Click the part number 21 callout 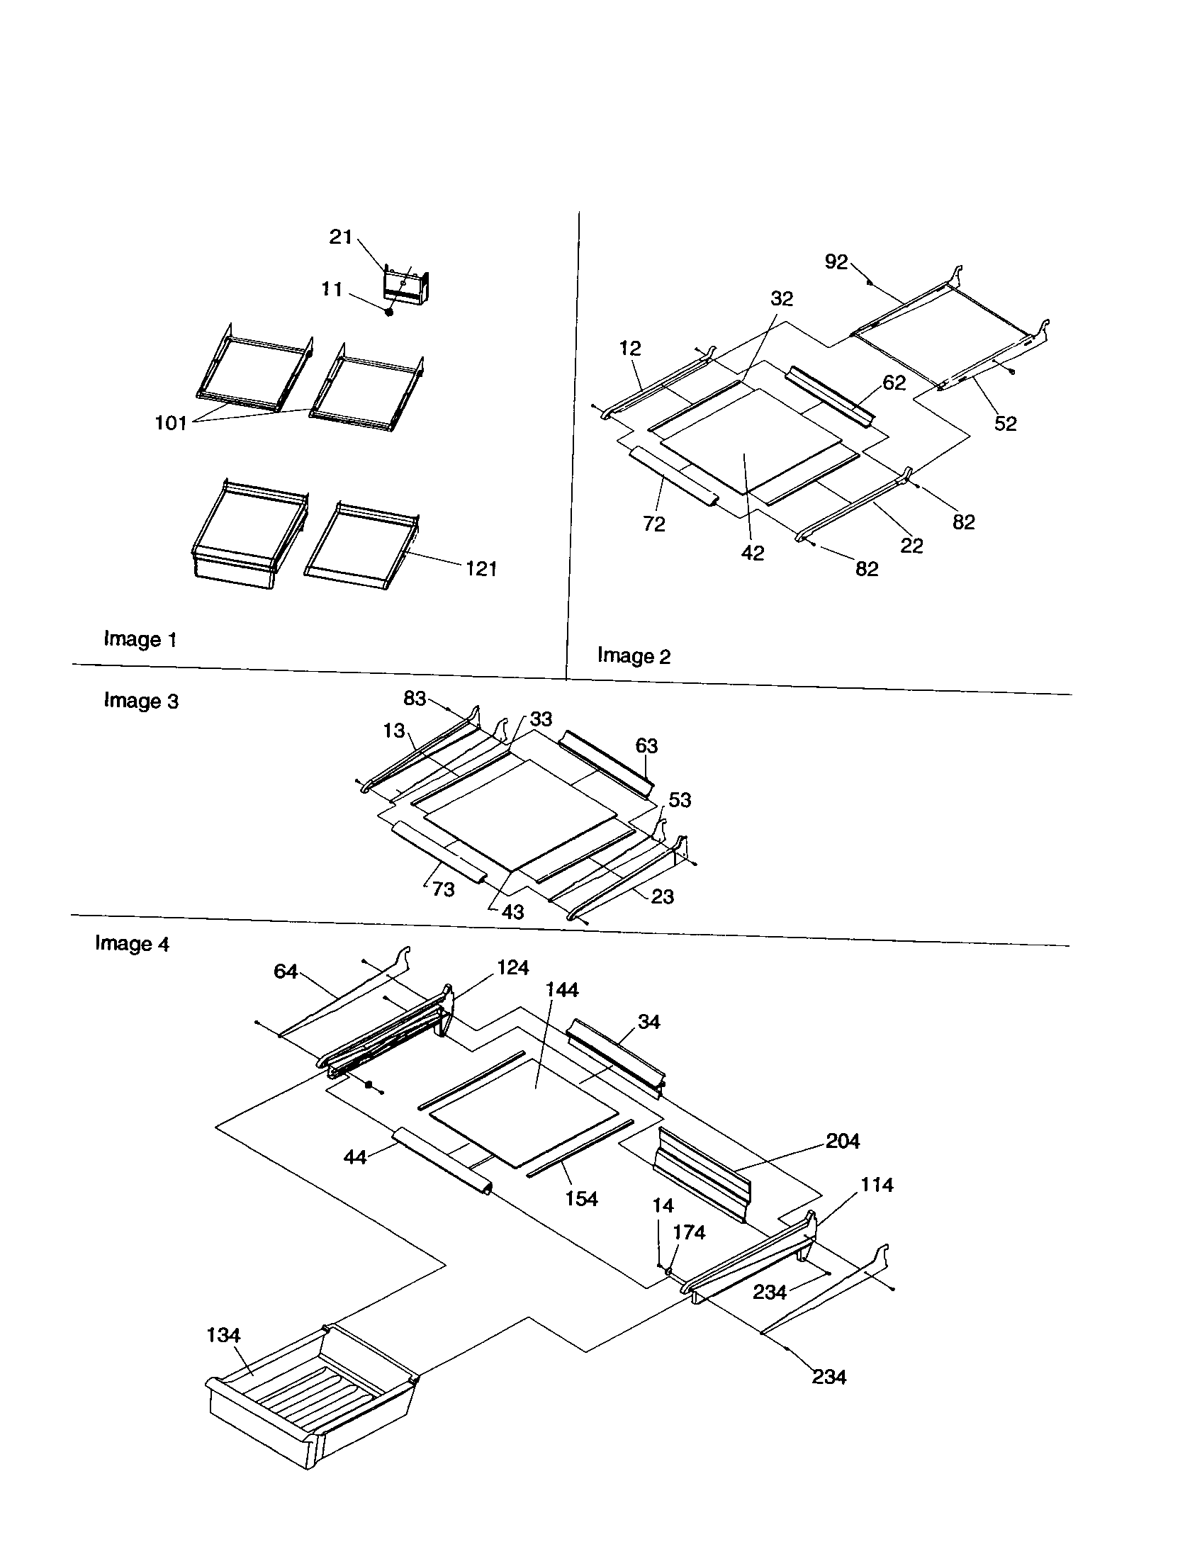coord(340,237)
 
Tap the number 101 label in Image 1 coord(171,423)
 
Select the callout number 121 coord(481,569)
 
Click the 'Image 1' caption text coord(140,639)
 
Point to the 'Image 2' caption coord(634,655)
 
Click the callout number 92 coord(836,262)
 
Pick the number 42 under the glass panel coord(753,553)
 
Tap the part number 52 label coord(1005,423)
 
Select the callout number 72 coord(654,524)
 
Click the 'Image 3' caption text coord(140,701)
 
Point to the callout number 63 coord(646,746)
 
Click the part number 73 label coord(442,889)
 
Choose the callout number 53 coord(680,800)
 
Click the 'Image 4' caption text coord(132,944)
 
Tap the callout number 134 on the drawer coord(223,1335)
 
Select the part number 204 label coord(842,1142)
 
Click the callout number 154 coord(581,1198)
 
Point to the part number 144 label coord(562,990)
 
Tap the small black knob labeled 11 coord(389,312)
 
